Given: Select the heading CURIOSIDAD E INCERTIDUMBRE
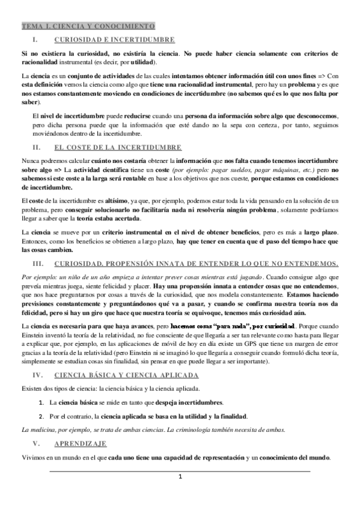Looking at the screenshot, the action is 114,40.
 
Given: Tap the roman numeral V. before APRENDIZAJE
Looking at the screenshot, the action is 37,443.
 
